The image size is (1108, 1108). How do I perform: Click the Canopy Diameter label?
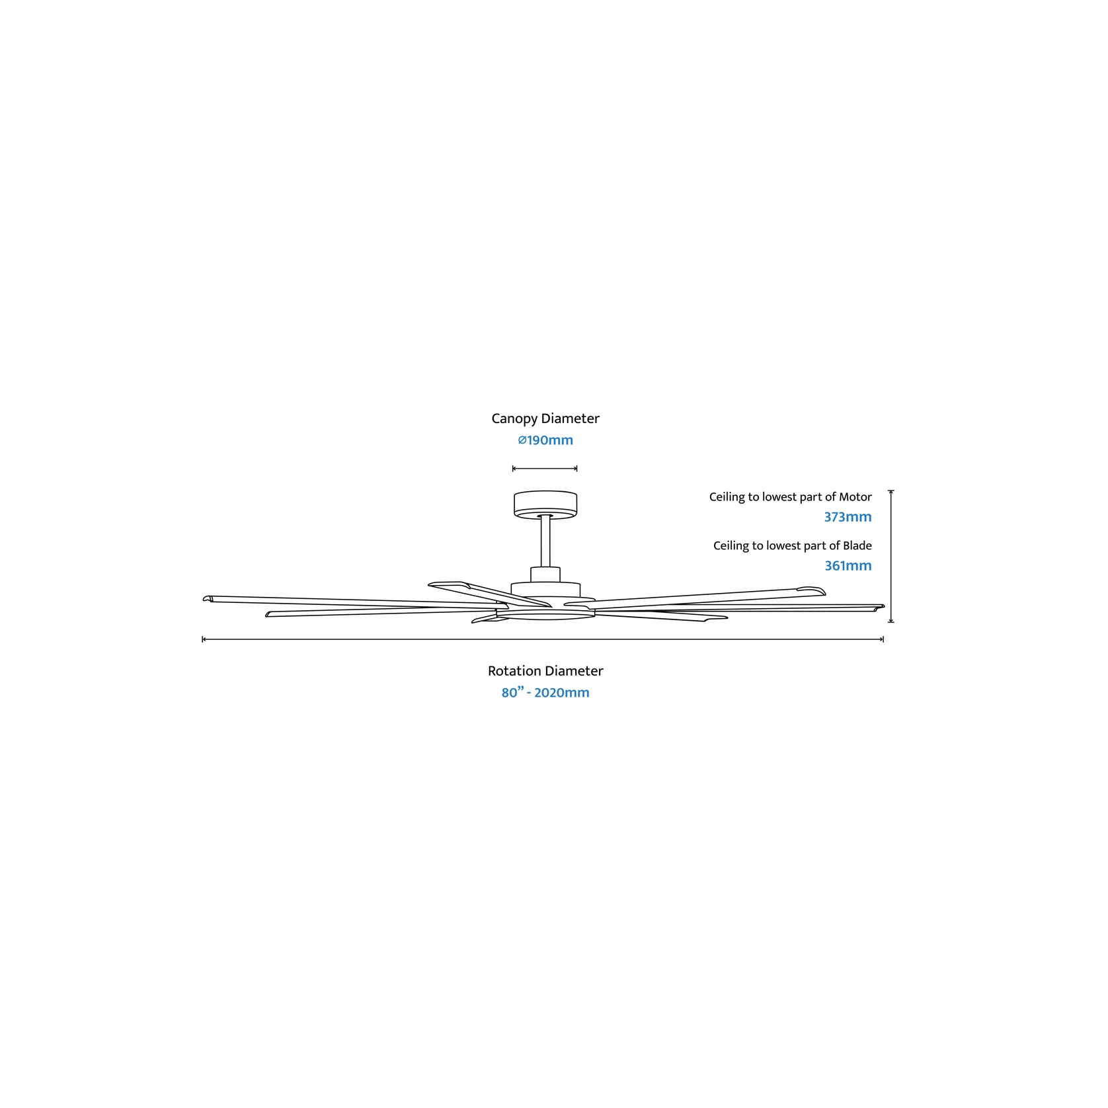[545, 419]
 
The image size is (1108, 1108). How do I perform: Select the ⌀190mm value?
[545, 440]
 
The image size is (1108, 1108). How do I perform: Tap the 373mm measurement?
[848, 517]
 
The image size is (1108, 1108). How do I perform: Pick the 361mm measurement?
[848, 566]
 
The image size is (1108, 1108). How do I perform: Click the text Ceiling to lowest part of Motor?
[791, 497]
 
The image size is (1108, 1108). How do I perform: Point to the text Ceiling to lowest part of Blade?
[793, 546]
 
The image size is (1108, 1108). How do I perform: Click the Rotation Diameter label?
[545, 671]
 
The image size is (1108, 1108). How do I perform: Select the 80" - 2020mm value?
[545, 693]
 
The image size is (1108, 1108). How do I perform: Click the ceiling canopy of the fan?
[545, 504]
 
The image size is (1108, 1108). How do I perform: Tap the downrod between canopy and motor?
[545, 541]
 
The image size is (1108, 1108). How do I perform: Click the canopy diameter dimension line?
[545, 469]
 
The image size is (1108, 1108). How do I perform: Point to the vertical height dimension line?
[891, 557]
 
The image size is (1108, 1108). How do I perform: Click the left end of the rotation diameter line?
[202, 639]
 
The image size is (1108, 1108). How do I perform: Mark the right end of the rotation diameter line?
[884, 639]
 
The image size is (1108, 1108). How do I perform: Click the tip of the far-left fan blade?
[204, 599]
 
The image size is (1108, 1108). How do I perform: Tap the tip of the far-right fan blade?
[883, 606]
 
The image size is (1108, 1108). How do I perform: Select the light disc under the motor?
[545, 615]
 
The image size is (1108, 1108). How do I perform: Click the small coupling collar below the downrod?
[545, 574]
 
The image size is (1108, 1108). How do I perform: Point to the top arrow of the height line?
[891, 491]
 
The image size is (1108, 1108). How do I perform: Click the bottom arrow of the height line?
[891, 621]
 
